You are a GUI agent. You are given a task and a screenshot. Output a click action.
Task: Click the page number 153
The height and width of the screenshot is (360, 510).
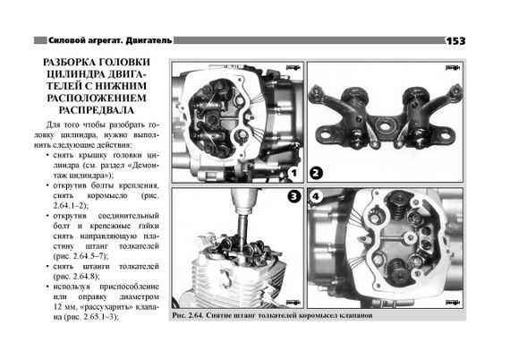[x=455, y=41]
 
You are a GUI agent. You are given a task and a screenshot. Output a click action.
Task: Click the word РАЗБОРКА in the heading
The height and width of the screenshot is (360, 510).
[x=69, y=62]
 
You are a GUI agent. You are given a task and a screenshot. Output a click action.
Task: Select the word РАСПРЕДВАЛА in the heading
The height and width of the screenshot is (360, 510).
[x=97, y=110]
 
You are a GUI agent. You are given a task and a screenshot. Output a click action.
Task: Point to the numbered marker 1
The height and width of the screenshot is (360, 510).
[x=293, y=173]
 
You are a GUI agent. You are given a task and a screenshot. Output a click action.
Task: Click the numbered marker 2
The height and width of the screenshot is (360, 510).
[x=316, y=173]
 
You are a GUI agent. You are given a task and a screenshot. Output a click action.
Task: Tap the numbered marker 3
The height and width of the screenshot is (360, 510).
[x=294, y=197]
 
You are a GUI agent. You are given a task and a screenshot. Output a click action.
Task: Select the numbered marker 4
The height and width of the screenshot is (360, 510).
[x=315, y=197]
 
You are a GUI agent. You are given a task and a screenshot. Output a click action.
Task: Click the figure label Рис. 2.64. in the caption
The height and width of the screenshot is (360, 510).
[x=188, y=315]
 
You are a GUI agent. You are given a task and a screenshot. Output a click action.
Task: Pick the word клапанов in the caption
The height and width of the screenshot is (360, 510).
[x=358, y=315]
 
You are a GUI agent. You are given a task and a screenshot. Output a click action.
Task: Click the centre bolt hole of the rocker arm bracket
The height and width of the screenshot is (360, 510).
[x=385, y=126]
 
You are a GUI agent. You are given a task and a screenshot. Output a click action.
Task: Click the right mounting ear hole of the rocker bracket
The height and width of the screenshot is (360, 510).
[x=445, y=133]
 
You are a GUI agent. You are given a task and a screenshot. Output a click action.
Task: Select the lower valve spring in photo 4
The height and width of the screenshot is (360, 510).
[x=398, y=270]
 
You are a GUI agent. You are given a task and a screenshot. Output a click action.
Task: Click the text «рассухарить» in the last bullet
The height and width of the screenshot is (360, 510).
[x=106, y=306]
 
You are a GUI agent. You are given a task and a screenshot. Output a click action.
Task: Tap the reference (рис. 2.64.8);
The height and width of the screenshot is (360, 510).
[x=76, y=277]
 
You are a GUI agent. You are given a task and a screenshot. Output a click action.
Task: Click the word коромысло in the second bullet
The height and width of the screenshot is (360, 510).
[x=107, y=196]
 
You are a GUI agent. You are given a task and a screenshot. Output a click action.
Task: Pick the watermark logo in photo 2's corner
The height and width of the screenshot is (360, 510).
[x=453, y=67]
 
